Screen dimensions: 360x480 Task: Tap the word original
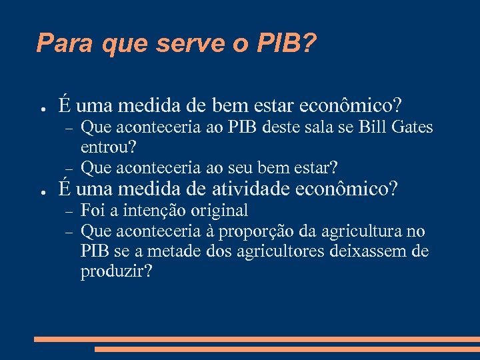tap(219, 211)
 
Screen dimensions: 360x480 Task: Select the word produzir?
tap(116, 272)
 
